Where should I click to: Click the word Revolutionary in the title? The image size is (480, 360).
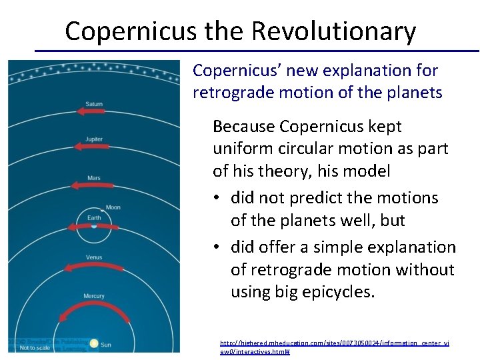[333, 31]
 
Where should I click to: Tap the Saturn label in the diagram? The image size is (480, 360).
[94, 104]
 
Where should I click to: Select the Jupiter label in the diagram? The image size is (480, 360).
[94, 139]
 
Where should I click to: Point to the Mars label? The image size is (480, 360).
[94, 178]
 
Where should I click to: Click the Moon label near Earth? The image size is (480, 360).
[113, 207]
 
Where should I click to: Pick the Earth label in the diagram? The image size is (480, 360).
[94, 217]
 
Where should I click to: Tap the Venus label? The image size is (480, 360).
[94, 257]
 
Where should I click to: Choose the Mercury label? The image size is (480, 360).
[94, 296]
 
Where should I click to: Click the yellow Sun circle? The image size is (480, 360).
[94, 343]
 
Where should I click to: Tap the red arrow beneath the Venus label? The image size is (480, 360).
[93, 267]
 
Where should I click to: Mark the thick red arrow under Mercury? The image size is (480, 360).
[93, 309]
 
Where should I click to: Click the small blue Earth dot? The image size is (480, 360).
[94, 227]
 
